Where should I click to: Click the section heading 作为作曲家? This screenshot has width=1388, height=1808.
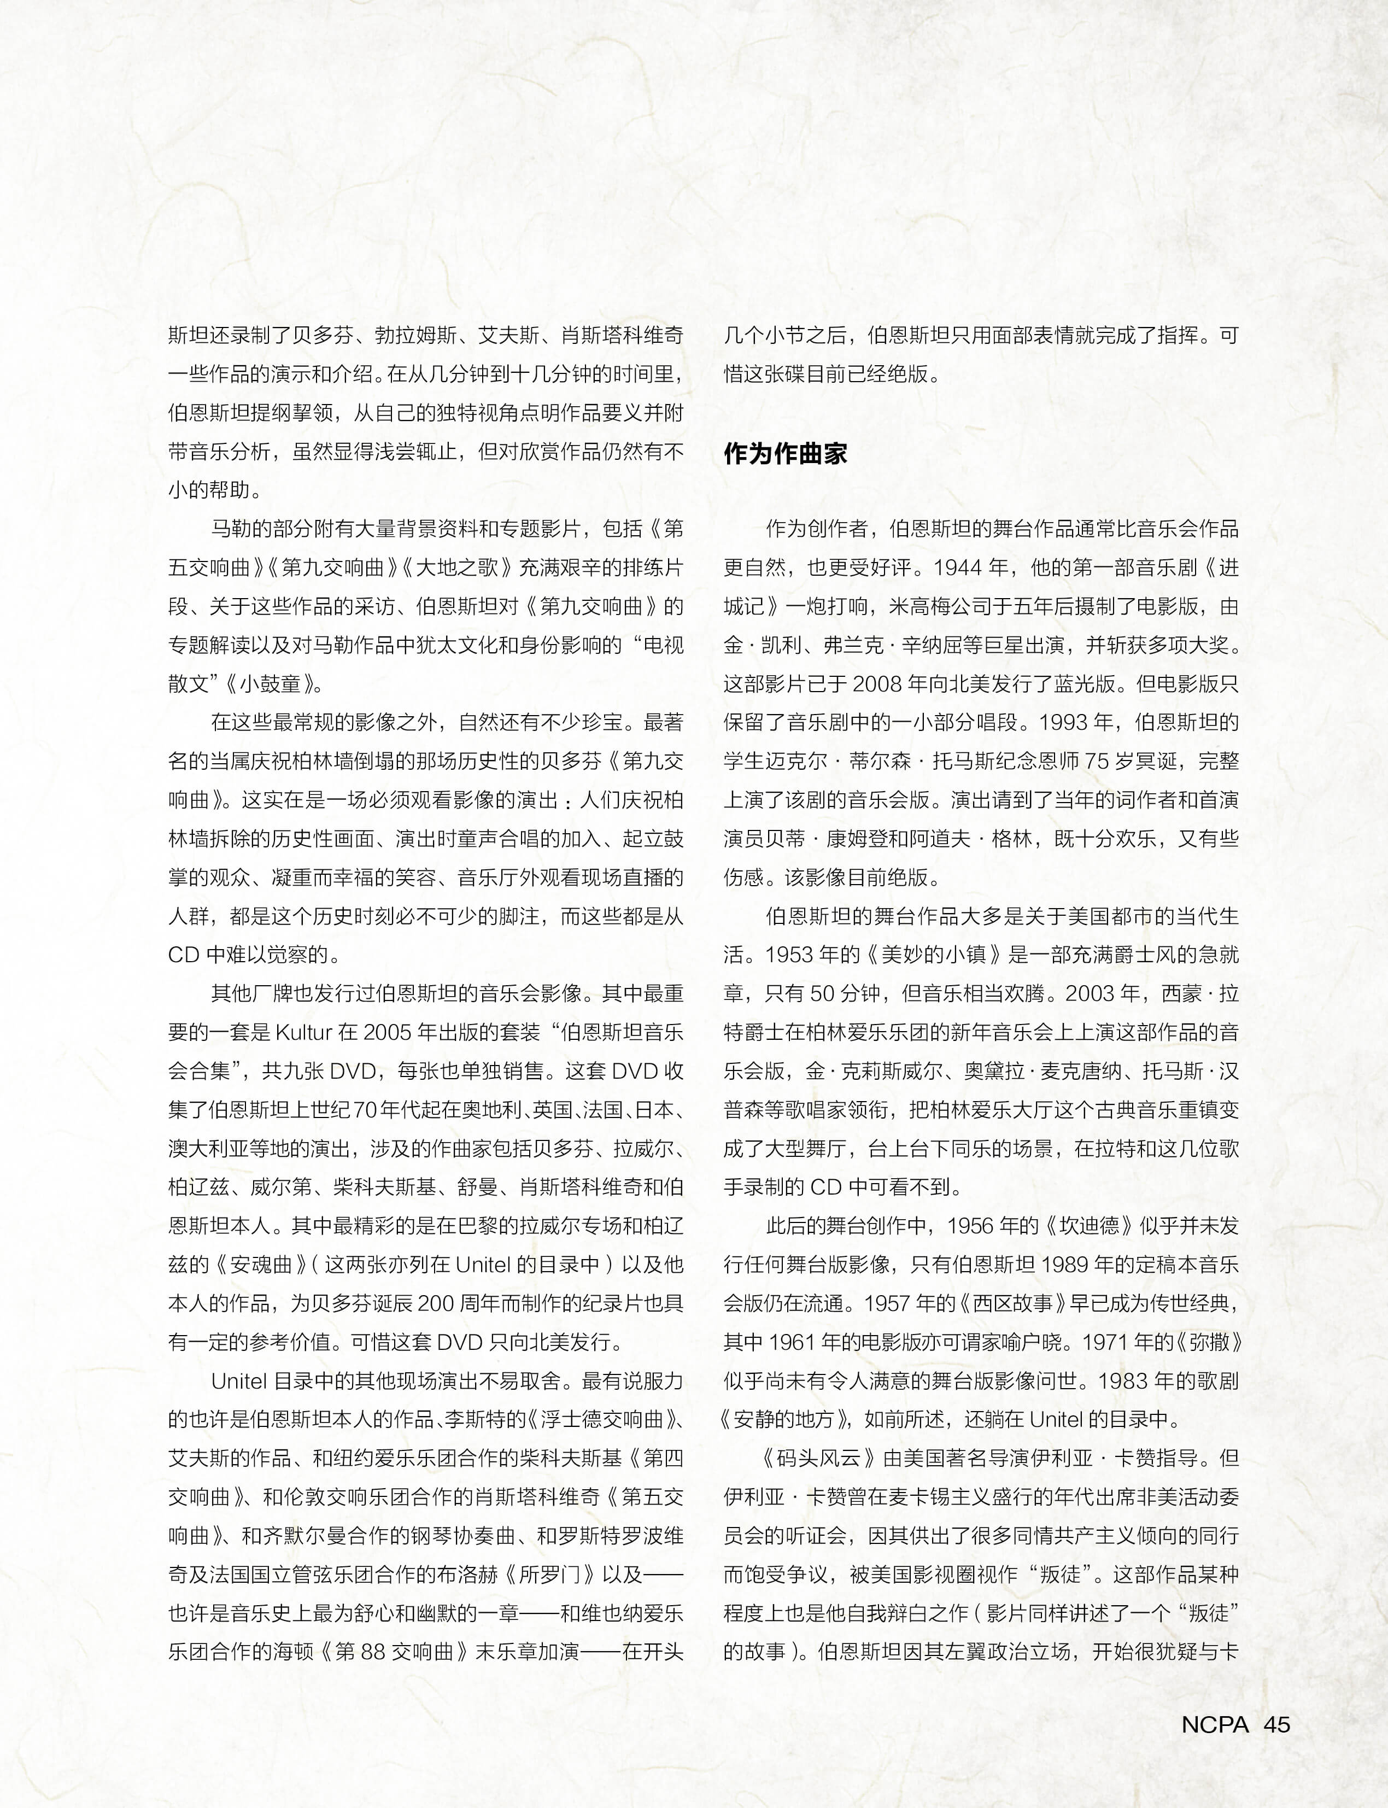coord(785,454)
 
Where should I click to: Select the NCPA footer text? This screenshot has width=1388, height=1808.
coord(1215,1724)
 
